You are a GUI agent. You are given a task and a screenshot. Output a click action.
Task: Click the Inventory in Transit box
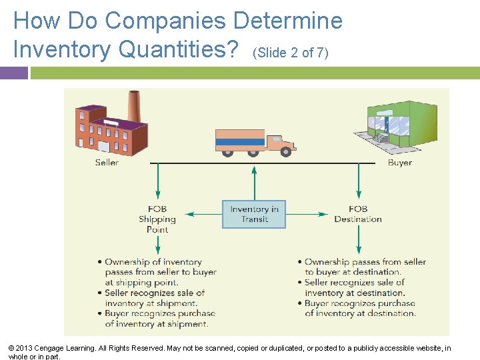coord(253,214)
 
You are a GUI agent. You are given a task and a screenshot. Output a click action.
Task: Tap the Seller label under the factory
coord(107,163)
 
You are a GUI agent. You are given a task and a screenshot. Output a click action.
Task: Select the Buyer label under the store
coord(399,163)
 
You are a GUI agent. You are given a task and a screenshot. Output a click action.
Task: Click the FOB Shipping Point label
coord(157,219)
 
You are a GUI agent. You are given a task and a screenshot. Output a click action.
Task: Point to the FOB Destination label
coord(358,214)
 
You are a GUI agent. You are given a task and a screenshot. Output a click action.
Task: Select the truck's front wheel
coord(286,152)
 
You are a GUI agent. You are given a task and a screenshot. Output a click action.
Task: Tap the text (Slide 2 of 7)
coord(291,53)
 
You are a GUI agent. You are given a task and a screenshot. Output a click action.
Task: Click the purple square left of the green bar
coord(13,73)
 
